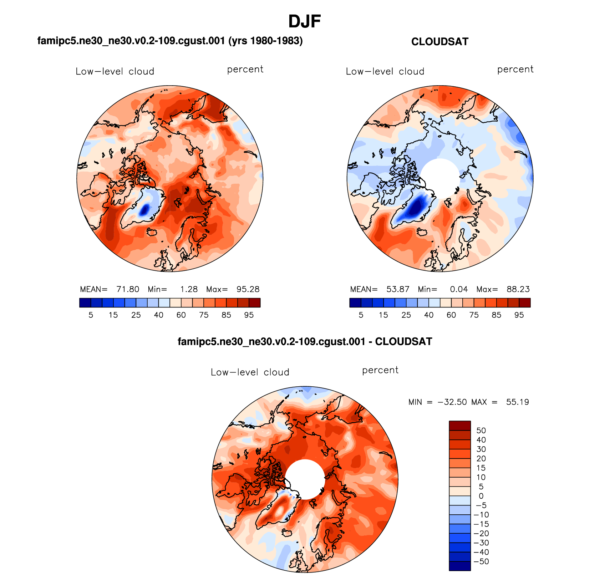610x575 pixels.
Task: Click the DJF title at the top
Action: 305,22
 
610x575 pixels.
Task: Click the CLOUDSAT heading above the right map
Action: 439,42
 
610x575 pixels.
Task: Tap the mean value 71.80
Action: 128,289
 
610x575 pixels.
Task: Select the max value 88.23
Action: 518,289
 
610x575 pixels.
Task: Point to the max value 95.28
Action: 248,289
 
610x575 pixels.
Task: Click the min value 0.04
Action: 459,289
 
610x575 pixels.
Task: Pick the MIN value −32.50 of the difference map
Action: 452,402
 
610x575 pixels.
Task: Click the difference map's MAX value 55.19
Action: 517,402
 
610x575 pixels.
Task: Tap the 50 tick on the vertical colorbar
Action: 481,431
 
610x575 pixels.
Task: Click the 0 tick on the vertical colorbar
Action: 481,496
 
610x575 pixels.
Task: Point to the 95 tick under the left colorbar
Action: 249,315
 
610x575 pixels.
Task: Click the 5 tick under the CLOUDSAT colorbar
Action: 361,315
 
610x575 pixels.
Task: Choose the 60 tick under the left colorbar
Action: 181,315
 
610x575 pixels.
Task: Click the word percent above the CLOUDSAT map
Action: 515,70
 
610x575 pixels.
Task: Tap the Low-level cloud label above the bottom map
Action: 250,372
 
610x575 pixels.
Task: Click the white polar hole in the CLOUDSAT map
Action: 440,178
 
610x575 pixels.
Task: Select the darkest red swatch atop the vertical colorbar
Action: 460,426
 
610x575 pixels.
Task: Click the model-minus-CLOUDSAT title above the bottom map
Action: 305,342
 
